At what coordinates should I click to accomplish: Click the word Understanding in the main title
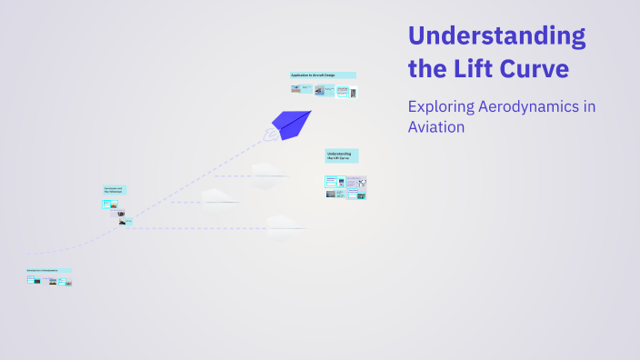[496, 37]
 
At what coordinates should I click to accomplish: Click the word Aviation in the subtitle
[436, 127]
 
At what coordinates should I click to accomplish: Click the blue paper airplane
[291, 123]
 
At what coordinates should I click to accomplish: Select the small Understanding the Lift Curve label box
[342, 155]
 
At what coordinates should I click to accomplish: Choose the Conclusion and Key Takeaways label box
[115, 190]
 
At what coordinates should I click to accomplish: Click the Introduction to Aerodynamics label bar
[49, 271]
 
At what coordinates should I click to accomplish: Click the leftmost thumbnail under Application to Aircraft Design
[296, 89]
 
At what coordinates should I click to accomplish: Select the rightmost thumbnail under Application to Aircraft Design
[353, 92]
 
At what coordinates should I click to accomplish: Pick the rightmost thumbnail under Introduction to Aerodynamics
[68, 283]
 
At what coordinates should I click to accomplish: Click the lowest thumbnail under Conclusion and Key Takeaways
[122, 223]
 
